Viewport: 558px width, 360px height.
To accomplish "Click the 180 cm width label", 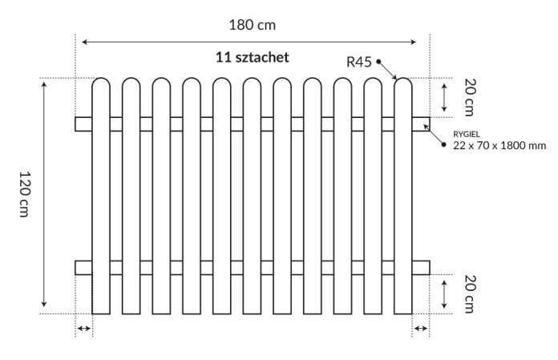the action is (252, 26).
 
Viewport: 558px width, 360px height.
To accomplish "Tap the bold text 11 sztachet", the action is (252, 57).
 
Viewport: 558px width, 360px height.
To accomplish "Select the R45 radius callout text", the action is (359, 63).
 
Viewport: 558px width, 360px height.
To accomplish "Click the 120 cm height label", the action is (25, 194).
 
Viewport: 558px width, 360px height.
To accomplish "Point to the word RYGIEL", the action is (466, 135).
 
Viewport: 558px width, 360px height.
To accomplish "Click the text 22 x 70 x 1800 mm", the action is (499, 145).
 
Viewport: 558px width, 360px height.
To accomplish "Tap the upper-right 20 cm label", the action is (469, 98).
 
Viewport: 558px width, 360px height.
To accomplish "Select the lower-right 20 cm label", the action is (469, 293).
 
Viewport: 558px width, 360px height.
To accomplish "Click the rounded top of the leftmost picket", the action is (101, 79).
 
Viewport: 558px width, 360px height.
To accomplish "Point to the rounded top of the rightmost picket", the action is (403, 79).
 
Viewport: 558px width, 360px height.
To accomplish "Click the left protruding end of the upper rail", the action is (83, 124).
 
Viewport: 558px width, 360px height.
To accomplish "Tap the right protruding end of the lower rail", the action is (421, 268).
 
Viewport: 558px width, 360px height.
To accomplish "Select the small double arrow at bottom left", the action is (84, 329).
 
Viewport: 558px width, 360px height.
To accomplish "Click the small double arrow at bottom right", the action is (421, 329).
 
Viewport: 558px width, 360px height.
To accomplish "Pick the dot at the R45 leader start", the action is (378, 62).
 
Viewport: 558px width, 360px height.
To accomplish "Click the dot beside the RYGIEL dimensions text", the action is (444, 144).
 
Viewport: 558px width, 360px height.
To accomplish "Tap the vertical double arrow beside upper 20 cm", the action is (444, 98).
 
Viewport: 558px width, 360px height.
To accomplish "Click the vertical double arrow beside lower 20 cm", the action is (444, 294).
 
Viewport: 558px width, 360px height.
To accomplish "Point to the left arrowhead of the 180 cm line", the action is (84, 42).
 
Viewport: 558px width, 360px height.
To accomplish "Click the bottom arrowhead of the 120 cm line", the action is (44, 304).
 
